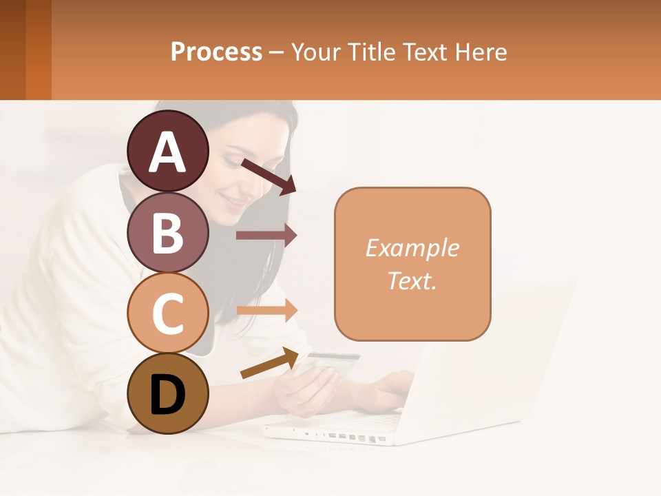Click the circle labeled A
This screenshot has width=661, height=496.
point(167,152)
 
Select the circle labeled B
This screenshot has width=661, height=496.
point(167,233)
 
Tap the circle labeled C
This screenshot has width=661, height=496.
point(167,313)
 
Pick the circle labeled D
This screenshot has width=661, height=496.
point(167,394)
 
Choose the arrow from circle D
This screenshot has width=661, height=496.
point(269,363)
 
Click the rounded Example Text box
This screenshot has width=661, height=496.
point(412,264)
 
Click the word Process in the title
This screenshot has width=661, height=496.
point(216,52)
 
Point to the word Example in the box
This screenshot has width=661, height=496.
point(412,248)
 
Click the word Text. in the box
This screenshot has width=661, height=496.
point(412,280)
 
